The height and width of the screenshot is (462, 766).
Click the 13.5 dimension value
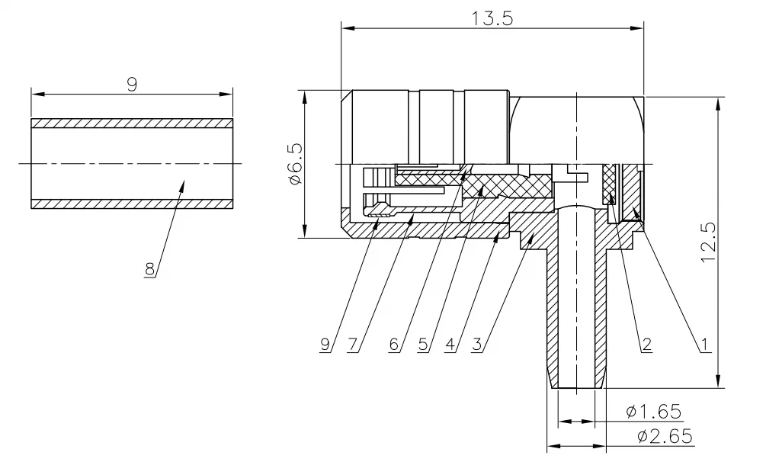(492, 18)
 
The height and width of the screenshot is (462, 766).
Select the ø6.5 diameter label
(296, 164)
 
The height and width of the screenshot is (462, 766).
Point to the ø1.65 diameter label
(654, 412)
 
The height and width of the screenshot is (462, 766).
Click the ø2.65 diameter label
(665, 435)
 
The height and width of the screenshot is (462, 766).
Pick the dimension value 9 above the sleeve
(132, 85)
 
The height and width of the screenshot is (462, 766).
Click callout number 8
(149, 269)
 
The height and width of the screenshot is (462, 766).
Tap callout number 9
(325, 344)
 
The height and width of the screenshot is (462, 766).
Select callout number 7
(353, 344)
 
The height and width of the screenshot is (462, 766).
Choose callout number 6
(394, 344)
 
